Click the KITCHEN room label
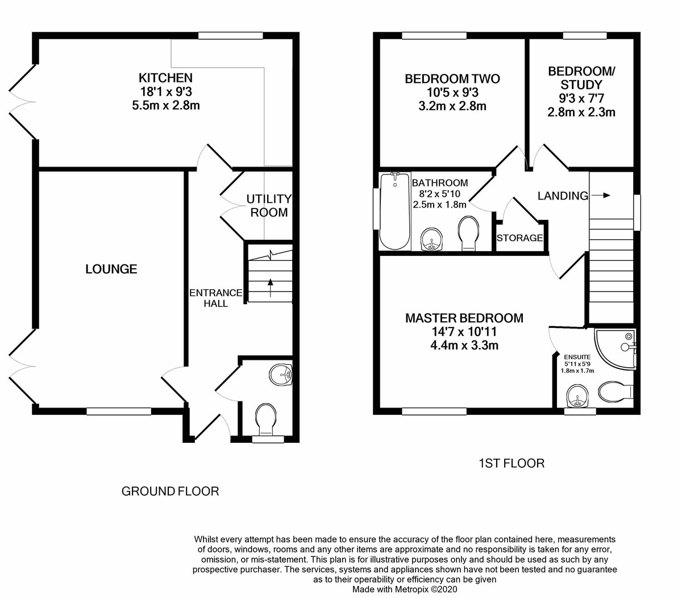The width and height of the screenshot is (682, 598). tap(166, 78)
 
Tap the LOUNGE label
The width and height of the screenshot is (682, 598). tap(111, 269)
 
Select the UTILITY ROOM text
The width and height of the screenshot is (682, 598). tap(269, 206)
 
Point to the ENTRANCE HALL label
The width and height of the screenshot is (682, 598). tap(216, 298)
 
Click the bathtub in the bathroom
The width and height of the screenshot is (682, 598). tap(394, 211)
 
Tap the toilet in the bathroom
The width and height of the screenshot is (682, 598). tap(468, 233)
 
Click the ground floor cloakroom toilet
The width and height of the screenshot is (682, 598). tap(266, 420)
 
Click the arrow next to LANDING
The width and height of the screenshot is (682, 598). tap(601, 196)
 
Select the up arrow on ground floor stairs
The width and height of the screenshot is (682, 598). tap(270, 284)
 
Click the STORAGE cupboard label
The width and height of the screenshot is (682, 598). tap(519, 238)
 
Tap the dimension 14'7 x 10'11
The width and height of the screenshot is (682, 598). tap(464, 332)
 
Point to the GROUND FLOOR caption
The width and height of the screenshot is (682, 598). tap(170, 491)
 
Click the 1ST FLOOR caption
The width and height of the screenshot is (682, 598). tap(511, 463)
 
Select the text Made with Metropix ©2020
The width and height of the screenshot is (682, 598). tap(405, 589)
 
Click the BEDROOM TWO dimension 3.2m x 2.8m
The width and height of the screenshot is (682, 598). tap(452, 106)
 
